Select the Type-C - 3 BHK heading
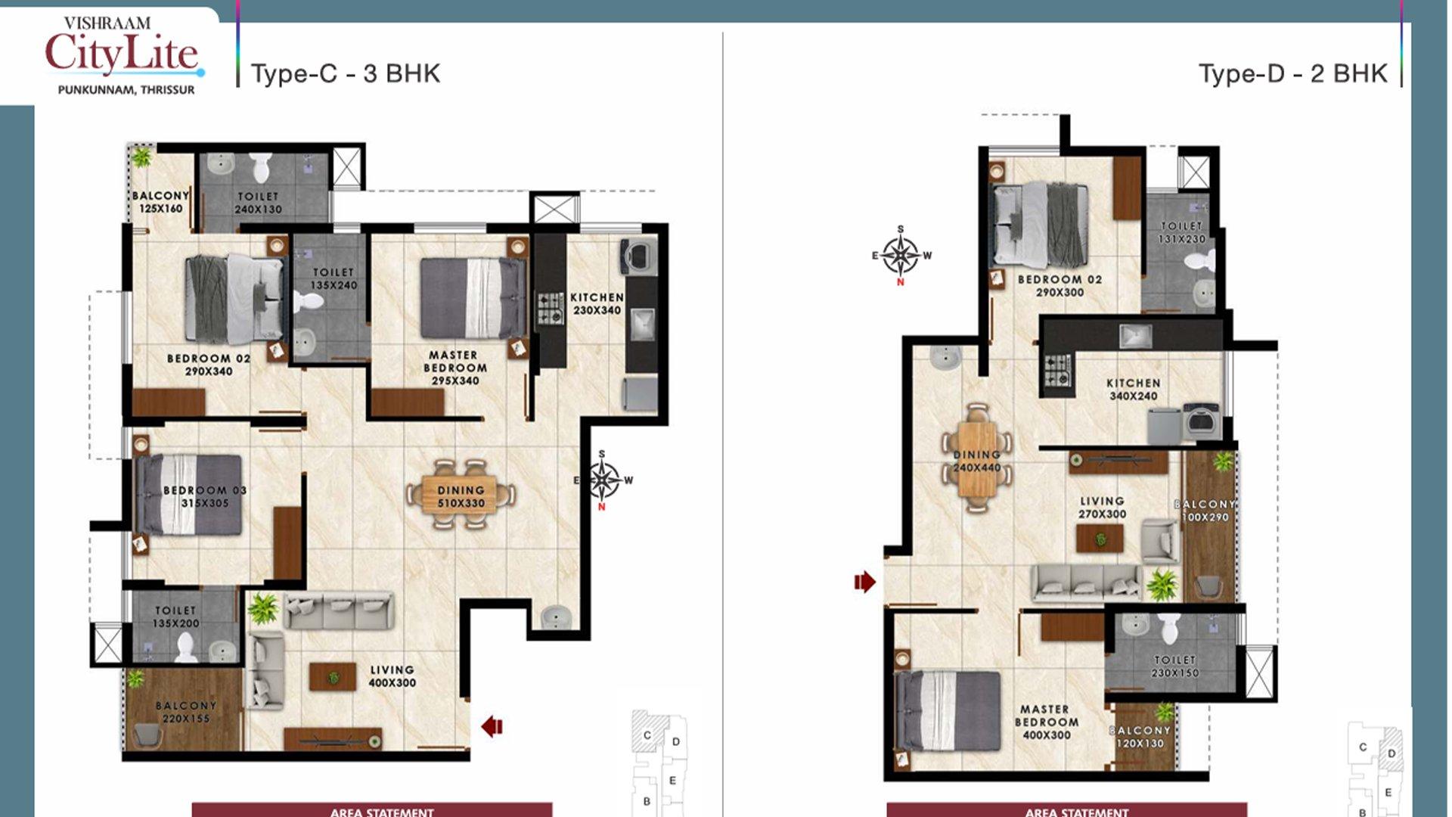coord(346,73)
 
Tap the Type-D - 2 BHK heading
coord(1292,73)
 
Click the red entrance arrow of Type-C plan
coord(492,726)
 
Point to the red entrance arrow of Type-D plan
coord(864,582)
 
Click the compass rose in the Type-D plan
coord(901,256)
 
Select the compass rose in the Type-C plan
coord(603,480)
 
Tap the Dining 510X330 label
coord(461,497)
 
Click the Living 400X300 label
coord(392,676)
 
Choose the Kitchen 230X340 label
coord(597,303)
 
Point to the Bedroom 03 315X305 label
coord(205,496)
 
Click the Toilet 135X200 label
coord(175,617)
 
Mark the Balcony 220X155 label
coord(186,712)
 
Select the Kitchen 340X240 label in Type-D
coord(1133,390)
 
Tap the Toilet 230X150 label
coord(1174,666)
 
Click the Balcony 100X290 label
coord(1205,511)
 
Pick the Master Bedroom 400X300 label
coord(1045,722)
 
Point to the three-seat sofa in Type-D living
coord(1086,580)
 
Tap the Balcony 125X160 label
coord(160,202)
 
